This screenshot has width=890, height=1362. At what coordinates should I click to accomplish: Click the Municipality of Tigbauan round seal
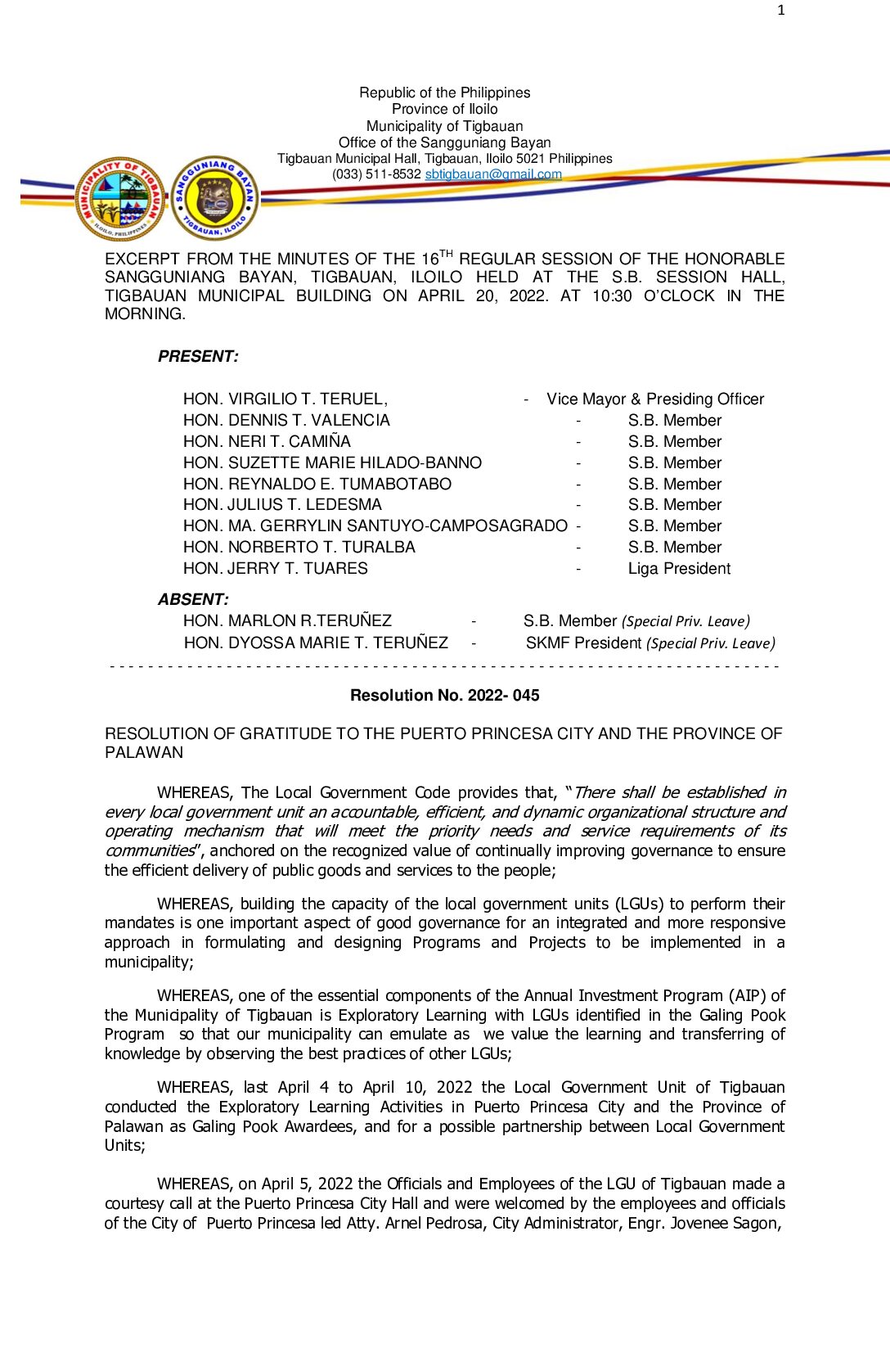coord(120,199)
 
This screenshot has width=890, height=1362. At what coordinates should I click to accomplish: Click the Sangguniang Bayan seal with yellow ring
coord(215,198)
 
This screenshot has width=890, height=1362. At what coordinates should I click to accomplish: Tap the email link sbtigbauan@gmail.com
coord(493,174)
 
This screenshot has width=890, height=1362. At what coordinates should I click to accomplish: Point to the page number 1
coord(781,10)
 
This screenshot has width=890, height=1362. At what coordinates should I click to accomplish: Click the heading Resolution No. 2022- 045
coord(444,695)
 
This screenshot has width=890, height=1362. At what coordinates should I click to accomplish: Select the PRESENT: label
coord(198,356)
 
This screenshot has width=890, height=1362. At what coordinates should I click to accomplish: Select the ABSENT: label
coord(193,599)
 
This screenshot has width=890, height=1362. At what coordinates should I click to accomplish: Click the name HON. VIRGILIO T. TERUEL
coord(285,399)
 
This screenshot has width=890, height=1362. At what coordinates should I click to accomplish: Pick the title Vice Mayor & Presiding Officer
coord(655,399)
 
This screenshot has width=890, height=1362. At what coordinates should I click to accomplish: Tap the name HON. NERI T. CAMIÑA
coord(267,441)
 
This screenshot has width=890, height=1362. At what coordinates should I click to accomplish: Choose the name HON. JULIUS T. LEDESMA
coord(282,504)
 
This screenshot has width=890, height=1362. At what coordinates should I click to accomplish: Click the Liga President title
coord(679,568)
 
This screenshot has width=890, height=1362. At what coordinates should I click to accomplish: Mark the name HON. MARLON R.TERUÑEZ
coord(287,620)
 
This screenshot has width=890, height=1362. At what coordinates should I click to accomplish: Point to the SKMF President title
coord(583,643)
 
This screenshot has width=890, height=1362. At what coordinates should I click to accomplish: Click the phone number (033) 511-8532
coord(376,174)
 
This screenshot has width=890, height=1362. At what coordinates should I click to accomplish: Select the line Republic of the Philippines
coord(444,92)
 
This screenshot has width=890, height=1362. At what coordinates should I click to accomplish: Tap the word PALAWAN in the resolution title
coord(144,752)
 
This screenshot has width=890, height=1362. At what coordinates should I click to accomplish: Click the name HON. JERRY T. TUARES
coord(275,568)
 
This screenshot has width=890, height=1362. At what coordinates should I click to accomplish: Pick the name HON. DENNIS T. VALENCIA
coord(286,420)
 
